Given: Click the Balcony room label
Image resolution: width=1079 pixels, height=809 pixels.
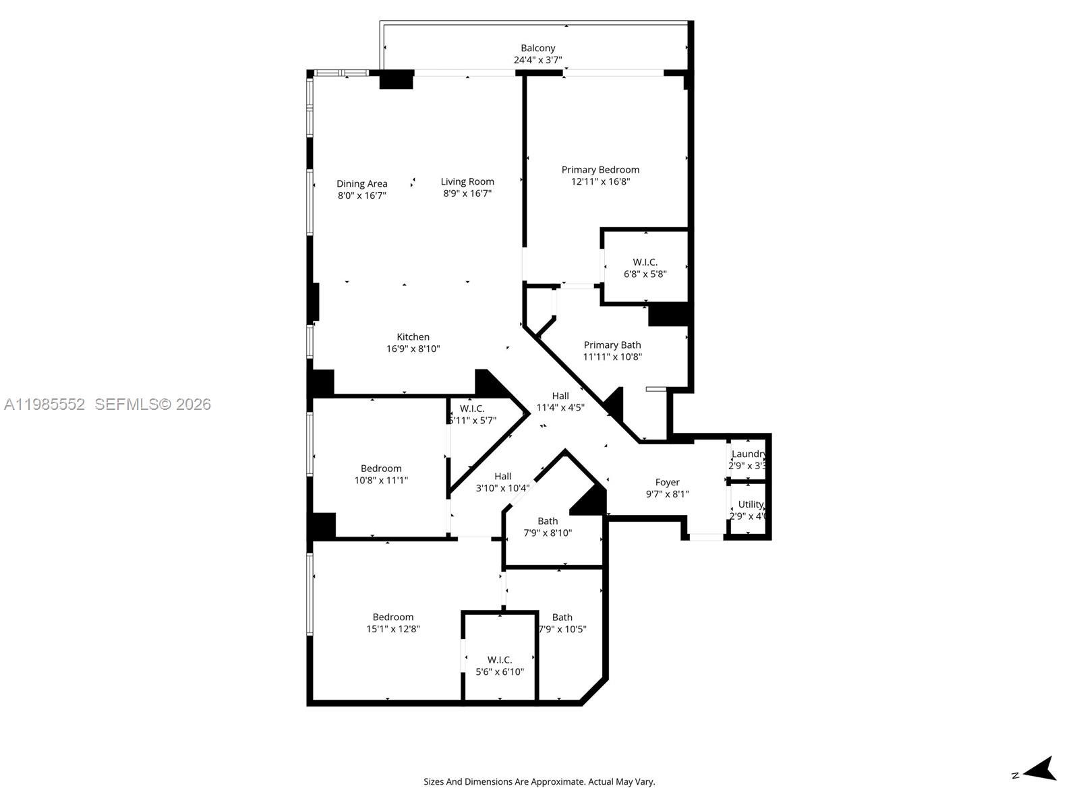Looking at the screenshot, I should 537,49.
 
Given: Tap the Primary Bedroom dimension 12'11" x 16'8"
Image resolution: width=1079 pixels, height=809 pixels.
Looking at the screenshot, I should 600,181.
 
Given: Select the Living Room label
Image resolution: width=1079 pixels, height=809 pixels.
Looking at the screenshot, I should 467,181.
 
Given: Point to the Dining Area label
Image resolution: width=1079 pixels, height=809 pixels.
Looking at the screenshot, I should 362,183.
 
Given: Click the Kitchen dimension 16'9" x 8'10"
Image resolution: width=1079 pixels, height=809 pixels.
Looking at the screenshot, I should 413,349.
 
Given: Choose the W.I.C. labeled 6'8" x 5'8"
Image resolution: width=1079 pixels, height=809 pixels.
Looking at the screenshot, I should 645,268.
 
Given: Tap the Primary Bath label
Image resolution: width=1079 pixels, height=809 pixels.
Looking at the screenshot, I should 612,345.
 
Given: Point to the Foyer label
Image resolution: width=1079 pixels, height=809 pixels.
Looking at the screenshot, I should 667,482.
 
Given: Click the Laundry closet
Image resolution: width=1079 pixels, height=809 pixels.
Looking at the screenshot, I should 749,459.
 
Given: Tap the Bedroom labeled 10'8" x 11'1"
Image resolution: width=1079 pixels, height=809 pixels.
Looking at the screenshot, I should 381,474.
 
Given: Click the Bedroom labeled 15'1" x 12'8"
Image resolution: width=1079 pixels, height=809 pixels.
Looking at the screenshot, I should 393,622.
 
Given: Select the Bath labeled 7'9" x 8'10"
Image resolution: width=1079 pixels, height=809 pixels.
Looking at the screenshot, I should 548,527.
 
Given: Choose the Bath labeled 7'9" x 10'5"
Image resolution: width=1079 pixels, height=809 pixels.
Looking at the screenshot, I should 562,623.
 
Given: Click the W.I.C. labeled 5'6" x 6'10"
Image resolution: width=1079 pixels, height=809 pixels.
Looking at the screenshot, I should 500,665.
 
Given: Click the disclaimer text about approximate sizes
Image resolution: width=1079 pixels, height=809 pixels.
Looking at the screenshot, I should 539,782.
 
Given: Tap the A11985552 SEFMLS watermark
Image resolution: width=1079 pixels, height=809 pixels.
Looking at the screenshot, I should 107,404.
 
